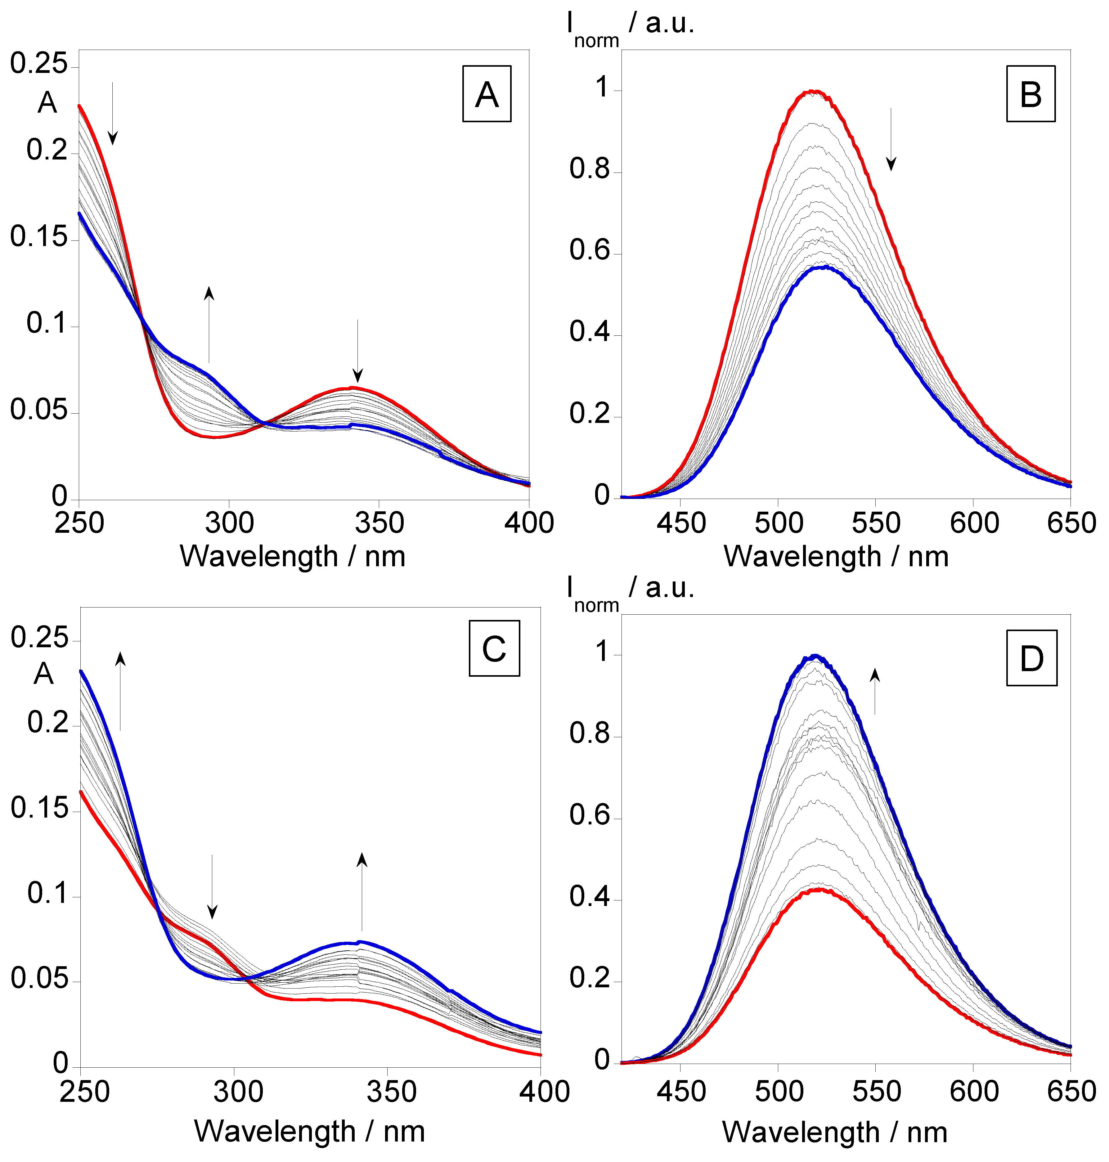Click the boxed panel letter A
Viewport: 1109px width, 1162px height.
(487, 94)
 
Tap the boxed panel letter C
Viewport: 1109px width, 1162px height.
(494, 648)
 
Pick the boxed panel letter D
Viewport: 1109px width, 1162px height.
(1031, 658)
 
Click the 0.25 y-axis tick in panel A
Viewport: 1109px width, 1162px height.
(39, 63)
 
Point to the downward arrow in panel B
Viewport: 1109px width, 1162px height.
(891, 140)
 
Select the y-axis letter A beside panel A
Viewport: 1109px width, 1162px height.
(47, 103)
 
